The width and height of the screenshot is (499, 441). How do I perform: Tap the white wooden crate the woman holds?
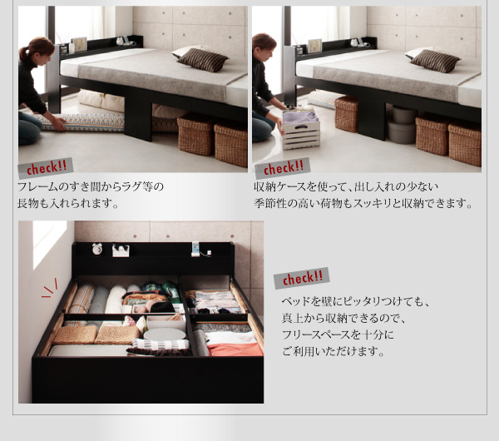(x=300, y=131)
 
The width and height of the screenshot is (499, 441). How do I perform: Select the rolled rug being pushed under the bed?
(x=83, y=122)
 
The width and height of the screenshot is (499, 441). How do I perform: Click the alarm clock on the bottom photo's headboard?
(x=97, y=249)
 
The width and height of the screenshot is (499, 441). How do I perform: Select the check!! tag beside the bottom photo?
(x=300, y=277)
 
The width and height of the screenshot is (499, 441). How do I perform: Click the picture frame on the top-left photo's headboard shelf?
(x=79, y=43)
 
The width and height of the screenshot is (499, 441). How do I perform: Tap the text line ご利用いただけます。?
(x=333, y=351)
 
